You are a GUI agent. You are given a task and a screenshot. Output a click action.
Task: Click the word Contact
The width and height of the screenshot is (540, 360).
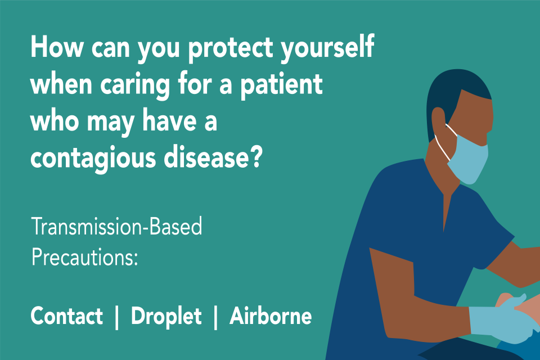[x=67, y=316]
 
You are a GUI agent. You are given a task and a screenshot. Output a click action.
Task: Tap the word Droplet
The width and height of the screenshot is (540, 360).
[x=166, y=316]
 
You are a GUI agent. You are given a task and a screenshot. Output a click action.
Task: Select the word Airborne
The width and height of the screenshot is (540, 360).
[x=271, y=316]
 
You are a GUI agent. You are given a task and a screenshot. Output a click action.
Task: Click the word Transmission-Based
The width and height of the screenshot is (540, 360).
[x=117, y=226]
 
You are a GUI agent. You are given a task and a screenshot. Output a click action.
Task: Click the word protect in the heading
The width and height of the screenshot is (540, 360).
[x=231, y=48]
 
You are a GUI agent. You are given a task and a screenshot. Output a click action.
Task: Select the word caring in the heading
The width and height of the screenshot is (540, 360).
[x=135, y=85]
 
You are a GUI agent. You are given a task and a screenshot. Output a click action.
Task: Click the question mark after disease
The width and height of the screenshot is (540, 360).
[x=256, y=157]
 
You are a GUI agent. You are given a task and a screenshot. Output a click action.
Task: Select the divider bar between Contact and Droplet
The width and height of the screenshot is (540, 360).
[x=117, y=317]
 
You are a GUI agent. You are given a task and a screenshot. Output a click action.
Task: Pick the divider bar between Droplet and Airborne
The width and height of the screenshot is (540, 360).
[x=215, y=317]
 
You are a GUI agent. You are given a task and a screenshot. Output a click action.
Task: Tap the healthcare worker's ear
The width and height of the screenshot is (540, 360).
[x=439, y=120]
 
